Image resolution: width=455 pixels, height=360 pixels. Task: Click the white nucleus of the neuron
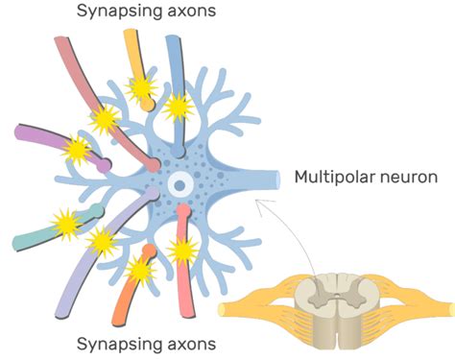coord(179,184)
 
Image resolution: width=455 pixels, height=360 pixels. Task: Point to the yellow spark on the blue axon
coord(177,106)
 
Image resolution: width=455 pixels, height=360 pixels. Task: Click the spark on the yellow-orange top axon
coord(142,89)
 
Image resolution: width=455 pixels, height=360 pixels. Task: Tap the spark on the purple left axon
coord(77,150)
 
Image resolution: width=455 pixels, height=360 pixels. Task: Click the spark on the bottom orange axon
coord(141,272)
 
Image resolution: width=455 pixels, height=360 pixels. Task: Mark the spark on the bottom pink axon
coord(182,252)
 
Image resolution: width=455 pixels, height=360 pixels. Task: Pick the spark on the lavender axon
coord(102,241)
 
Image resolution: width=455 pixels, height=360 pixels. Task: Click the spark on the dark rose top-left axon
coord(105,119)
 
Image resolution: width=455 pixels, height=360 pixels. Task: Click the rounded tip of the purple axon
coord(105,164)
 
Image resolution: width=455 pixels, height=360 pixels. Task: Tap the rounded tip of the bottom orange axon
coord(149,251)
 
